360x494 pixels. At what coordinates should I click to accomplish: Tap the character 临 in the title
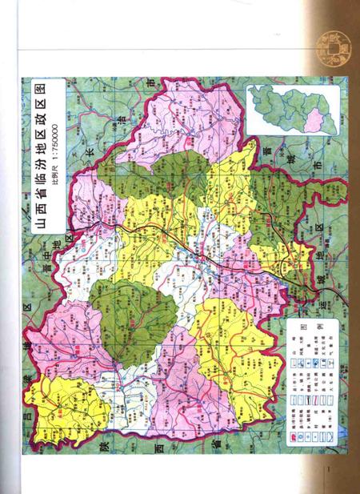click(x=37, y=175)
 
